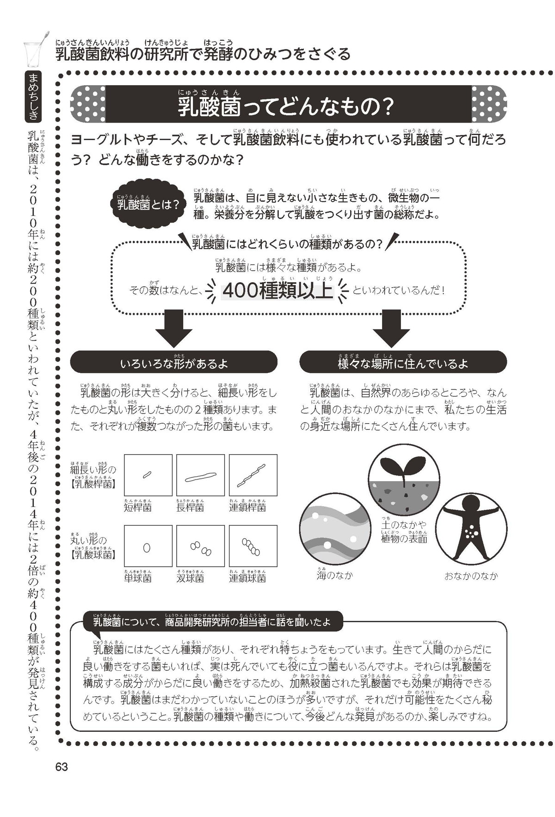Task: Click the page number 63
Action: tap(62, 767)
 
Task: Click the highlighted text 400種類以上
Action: tap(277, 291)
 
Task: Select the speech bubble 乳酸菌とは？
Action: tap(148, 204)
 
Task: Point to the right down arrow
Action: tap(391, 328)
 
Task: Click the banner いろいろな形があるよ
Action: tap(173, 364)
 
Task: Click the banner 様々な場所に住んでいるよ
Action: tap(403, 364)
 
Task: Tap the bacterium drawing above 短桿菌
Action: tap(147, 474)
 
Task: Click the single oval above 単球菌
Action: tap(147, 548)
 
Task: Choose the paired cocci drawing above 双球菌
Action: tap(201, 549)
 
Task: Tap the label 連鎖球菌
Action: tap(247, 578)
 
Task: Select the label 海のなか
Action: tap(334, 576)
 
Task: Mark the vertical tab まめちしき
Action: tap(33, 97)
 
